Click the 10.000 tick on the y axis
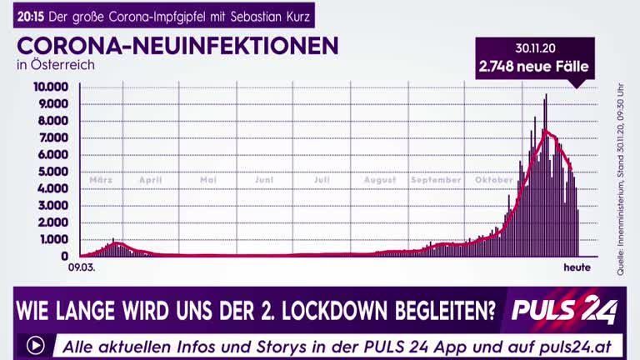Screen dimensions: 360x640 pyautogui.click(x=51, y=86)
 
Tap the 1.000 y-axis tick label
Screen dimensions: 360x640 pyautogui.click(x=54, y=239)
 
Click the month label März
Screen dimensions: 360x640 pyautogui.click(x=101, y=180)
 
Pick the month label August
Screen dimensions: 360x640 pyautogui.click(x=380, y=180)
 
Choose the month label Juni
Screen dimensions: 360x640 pyautogui.click(x=264, y=180)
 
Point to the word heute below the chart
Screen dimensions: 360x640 pyautogui.click(x=577, y=268)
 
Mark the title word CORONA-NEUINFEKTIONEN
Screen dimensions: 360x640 pyautogui.click(x=177, y=45)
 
